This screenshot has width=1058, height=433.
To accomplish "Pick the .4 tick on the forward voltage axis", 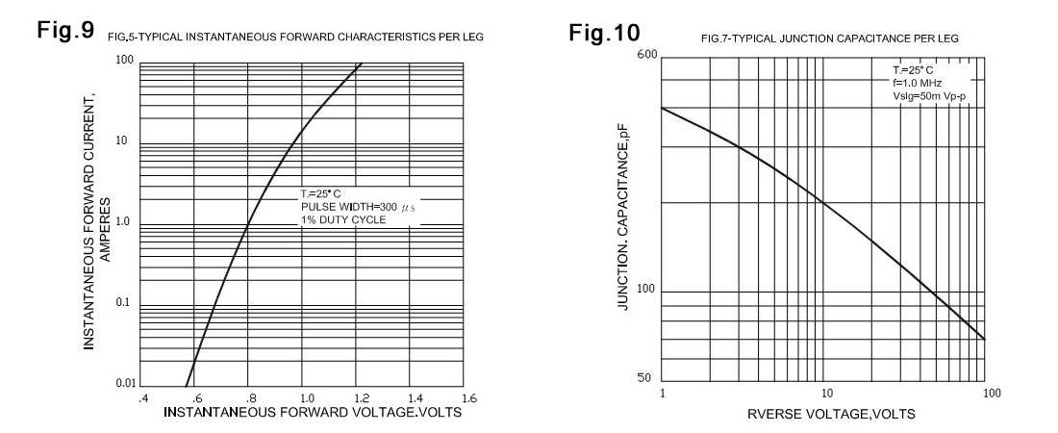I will (142, 396).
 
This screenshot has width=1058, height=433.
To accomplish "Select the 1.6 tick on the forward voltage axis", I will (468, 396).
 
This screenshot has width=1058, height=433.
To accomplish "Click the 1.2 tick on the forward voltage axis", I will (360, 396).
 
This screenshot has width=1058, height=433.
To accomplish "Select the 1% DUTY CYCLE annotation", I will (343, 220).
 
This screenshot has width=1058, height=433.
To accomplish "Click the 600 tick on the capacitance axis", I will (646, 54).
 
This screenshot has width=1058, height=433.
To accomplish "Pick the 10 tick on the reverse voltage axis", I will (825, 394).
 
